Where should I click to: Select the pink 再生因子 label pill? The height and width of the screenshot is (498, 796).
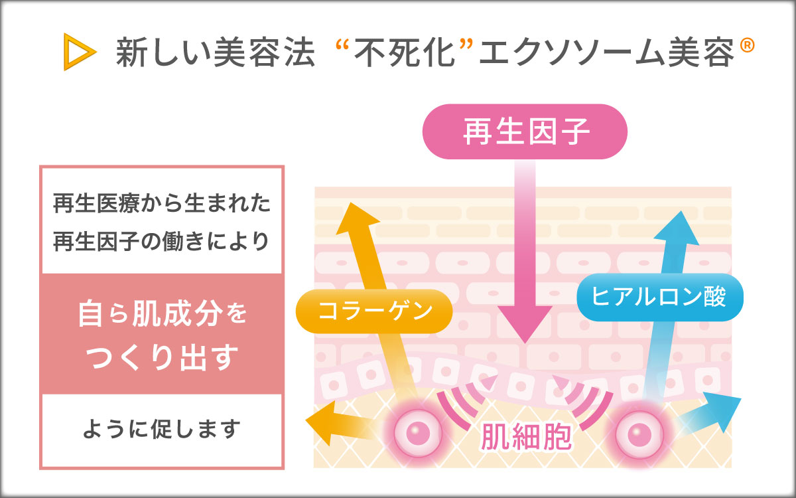[x=525, y=131]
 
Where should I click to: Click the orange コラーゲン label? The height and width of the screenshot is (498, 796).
[x=375, y=311]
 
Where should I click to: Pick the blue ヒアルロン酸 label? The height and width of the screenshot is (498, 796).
[x=659, y=297]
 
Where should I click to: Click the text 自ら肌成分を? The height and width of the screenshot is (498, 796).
[x=162, y=315]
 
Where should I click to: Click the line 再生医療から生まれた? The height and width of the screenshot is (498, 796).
[x=162, y=203]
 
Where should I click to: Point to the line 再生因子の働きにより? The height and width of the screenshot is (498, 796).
[x=162, y=240]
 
